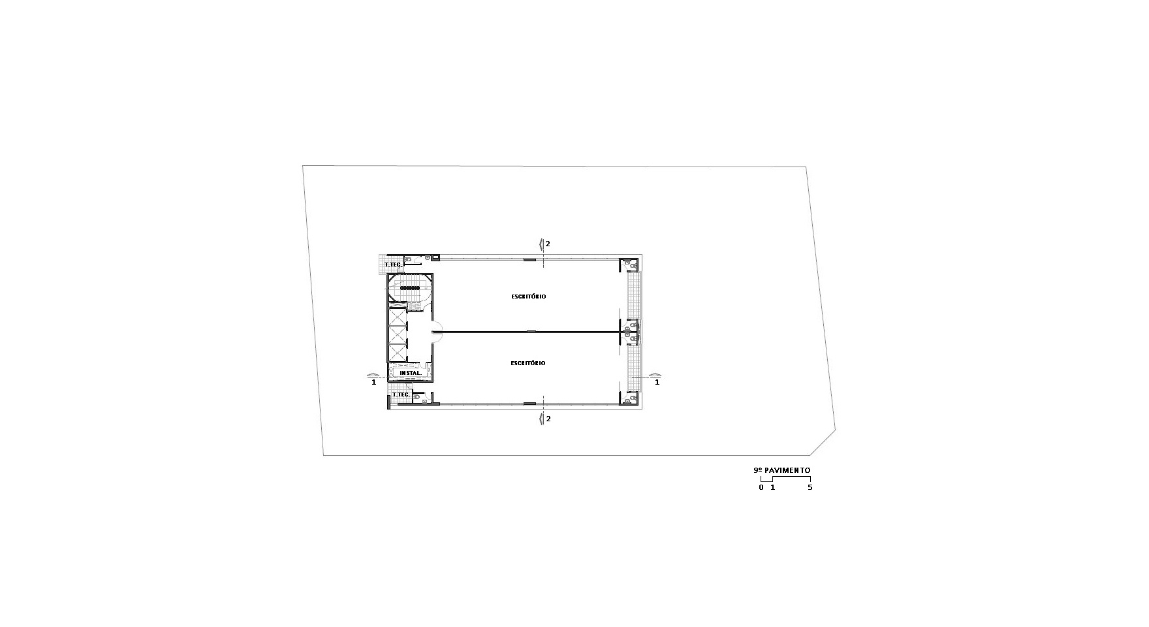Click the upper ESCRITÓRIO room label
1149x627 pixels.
click(528, 297)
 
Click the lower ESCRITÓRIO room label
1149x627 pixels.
click(528, 363)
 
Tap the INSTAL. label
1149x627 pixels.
click(410, 374)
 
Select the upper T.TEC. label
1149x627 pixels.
click(393, 265)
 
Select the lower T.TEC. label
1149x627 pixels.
click(401, 394)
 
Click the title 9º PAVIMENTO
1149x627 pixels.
click(781, 470)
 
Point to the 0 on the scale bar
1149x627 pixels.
click(761, 487)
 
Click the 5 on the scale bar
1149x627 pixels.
click(810, 487)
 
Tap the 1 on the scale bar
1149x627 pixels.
click(772, 487)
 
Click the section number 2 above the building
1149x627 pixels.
click(548, 244)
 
